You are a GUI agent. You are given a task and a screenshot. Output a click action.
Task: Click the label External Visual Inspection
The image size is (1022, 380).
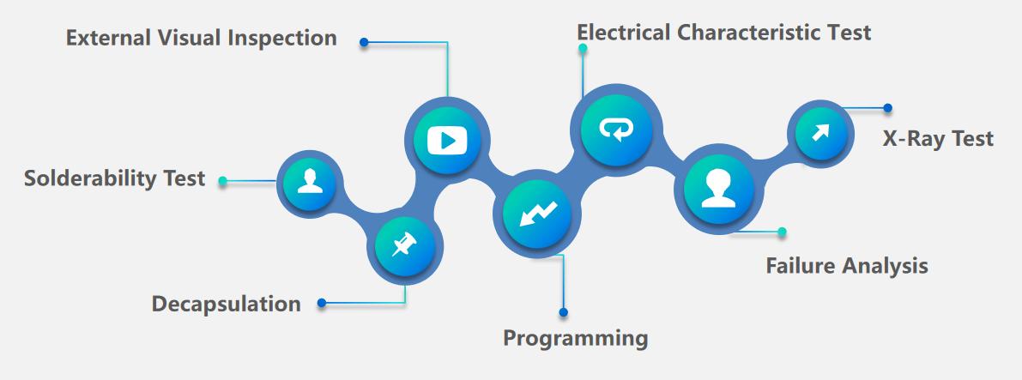click(202, 39)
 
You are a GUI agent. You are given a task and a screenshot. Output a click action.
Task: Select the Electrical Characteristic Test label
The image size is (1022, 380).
click(723, 33)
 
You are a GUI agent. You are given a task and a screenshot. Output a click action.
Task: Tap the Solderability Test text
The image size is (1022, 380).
click(115, 178)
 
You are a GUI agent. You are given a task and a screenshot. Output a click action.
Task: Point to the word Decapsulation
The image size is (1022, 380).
click(227, 304)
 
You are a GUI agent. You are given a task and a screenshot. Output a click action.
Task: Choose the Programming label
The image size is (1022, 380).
click(575, 337)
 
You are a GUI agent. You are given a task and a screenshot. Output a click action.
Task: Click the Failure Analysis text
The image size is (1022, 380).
click(846, 266)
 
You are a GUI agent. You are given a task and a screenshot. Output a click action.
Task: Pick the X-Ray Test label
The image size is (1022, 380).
click(938, 138)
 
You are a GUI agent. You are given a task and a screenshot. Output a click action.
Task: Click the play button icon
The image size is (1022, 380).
click(447, 138)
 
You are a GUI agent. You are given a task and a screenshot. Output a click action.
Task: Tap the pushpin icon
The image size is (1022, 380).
click(401, 247)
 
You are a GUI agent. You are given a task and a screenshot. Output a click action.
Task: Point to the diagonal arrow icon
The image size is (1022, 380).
click(821, 133)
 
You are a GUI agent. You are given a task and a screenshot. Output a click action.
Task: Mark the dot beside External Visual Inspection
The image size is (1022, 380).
click(364, 41)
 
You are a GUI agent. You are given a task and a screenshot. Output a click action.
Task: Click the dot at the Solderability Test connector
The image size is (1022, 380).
click(223, 181)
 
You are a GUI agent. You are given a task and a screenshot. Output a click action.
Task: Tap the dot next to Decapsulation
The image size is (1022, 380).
click(322, 302)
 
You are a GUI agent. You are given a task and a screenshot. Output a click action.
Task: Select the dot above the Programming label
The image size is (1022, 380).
click(563, 312)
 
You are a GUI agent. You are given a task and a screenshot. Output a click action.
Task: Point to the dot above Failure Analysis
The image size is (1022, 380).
click(782, 232)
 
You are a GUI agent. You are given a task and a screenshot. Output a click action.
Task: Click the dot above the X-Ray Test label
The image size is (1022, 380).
click(887, 108)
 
